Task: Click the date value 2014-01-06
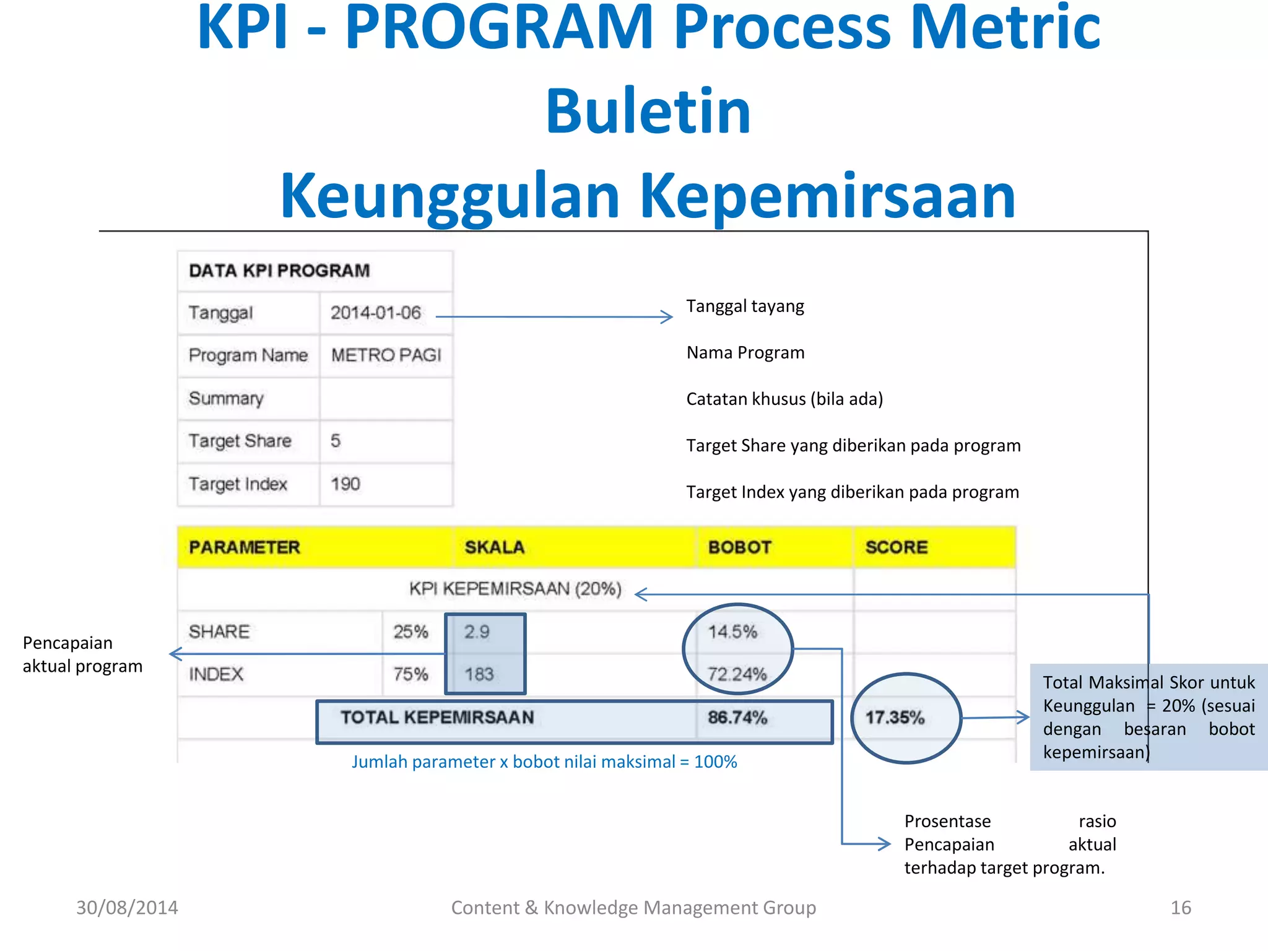pyautogui.click(x=376, y=313)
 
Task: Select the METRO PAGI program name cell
pyautogui.click(x=386, y=355)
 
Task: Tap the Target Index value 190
pyautogui.click(x=345, y=484)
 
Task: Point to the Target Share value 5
pyautogui.click(x=336, y=441)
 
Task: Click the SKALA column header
pyautogui.click(x=494, y=547)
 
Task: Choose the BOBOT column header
pyautogui.click(x=739, y=547)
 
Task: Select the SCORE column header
pyautogui.click(x=896, y=547)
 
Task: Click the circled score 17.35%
pyautogui.click(x=895, y=718)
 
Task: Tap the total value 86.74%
pyautogui.click(x=737, y=718)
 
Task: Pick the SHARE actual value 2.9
pyautogui.click(x=477, y=632)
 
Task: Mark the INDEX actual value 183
pyautogui.click(x=479, y=674)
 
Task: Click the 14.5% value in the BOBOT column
pyautogui.click(x=732, y=632)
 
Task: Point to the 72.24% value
pyautogui.click(x=737, y=674)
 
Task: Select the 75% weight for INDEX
pyautogui.click(x=410, y=674)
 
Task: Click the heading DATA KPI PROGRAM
pyautogui.click(x=279, y=271)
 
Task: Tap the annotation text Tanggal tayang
pyautogui.click(x=745, y=306)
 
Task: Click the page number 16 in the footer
pyautogui.click(x=1180, y=908)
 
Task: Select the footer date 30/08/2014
pyautogui.click(x=127, y=908)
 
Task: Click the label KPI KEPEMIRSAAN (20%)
pyautogui.click(x=515, y=589)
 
